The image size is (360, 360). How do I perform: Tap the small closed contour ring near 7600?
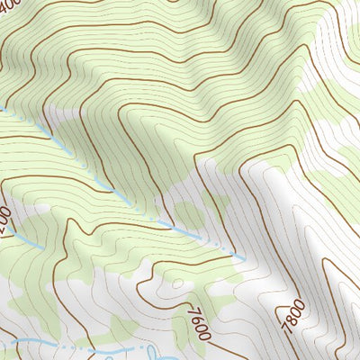[x=176, y=283]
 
